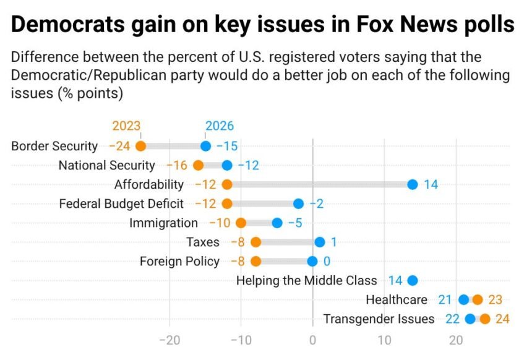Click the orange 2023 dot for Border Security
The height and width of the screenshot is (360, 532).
tap(140, 147)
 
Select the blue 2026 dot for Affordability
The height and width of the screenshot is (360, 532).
tap(413, 184)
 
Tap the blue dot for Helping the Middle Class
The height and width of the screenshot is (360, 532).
tap(413, 280)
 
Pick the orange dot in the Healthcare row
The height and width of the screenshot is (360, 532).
tap(478, 300)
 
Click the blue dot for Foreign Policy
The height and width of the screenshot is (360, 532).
tap(312, 261)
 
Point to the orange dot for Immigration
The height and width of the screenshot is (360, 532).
tap(241, 223)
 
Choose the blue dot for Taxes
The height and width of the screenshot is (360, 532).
tap(320, 242)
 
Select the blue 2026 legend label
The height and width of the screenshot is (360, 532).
tap(219, 126)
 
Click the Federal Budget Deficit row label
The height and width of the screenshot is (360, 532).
tap(121, 204)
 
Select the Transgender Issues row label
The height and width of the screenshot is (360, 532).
tap(379, 319)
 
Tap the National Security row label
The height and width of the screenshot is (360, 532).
tap(106, 165)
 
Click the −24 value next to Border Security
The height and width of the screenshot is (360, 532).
tap(119, 147)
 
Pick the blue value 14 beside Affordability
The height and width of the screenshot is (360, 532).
tap(431, 184)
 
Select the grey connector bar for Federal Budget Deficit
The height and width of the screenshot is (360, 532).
tap(263, 204)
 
